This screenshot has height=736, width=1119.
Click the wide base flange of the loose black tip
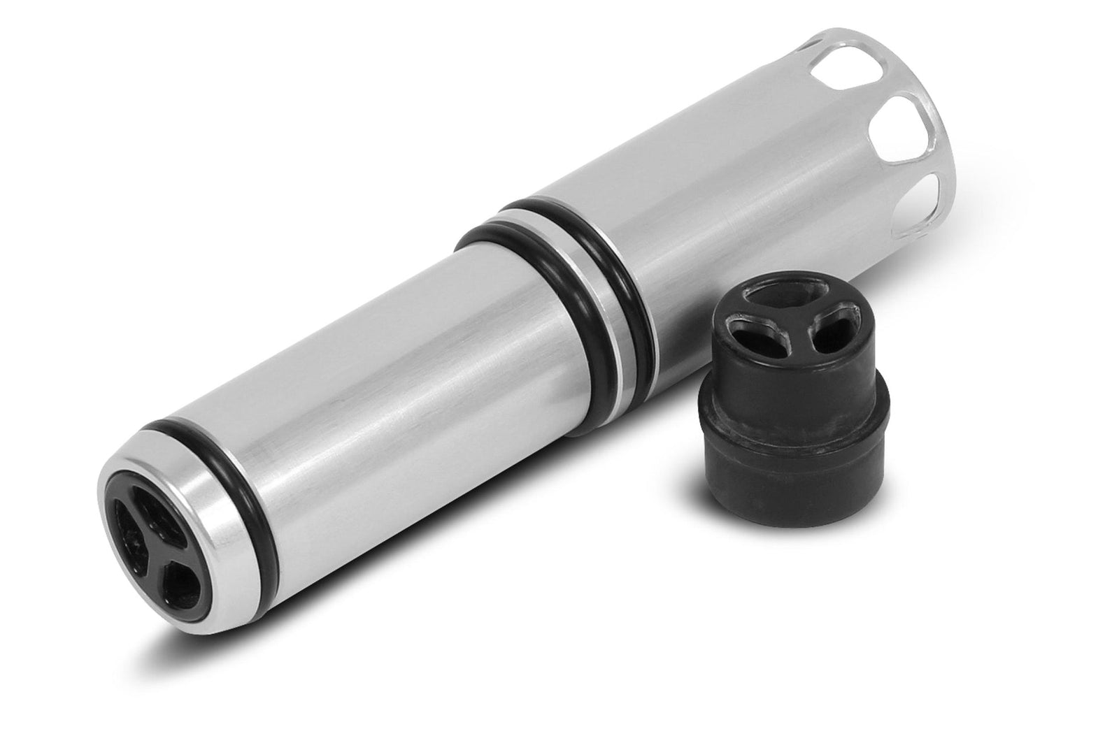coord(780,461)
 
